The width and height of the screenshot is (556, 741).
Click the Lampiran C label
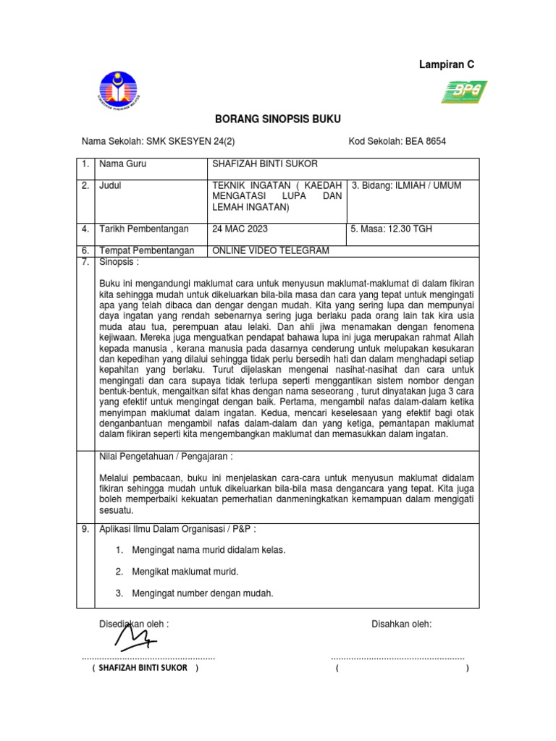click(447, 65)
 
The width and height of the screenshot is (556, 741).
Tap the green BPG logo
click(463, 93)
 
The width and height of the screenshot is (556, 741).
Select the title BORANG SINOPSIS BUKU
click(278, 119)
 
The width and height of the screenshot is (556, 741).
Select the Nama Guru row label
click(122, 164)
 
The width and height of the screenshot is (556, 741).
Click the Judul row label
click(110, 186)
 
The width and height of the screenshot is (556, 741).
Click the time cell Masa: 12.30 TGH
click(391, 229)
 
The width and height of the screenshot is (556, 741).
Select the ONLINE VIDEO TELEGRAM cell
click(270, 250)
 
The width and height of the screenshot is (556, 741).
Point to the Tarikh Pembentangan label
click(143, 229)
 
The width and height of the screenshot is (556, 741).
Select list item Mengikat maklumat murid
click(185, 572)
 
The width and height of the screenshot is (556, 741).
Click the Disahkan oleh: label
click(401, 623)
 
